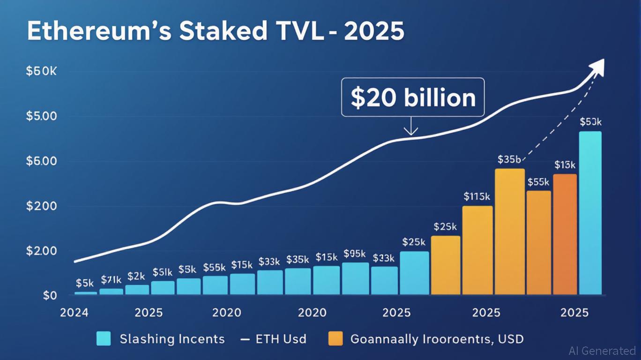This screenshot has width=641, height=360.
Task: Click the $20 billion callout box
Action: (413, 97)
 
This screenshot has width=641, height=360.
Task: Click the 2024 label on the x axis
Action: (74, 313)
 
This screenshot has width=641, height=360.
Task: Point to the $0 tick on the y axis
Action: (50, 296)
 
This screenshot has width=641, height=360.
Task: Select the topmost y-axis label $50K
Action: (41, 71)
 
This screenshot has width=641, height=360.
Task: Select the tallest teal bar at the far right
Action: (590, 213)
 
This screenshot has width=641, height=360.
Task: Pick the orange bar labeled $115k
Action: (477, 250)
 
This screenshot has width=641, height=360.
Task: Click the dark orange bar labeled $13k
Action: (565, 234)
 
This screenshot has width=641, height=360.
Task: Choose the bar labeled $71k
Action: (111, 292)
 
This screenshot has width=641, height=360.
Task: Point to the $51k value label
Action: (163, 272)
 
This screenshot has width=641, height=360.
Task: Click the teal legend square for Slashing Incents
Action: (103, 339)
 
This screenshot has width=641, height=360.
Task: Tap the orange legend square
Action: (336, 339)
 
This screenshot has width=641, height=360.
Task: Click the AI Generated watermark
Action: (602, 351)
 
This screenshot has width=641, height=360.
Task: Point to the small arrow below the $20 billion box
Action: (411, 127)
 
